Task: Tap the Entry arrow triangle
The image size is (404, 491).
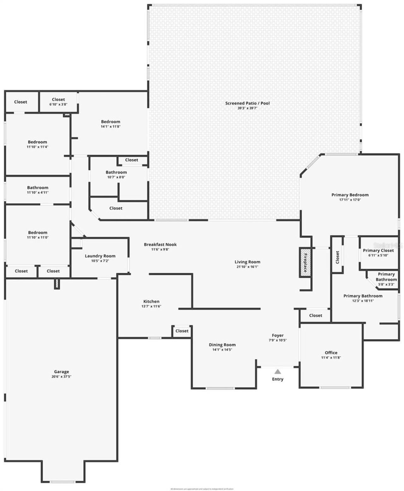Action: pyautogui.click(x=277, y=371)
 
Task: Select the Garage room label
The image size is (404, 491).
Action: pyautogui.click(x=61, y=372)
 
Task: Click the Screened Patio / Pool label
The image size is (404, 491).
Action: pyautogui.click(x=247, y=103)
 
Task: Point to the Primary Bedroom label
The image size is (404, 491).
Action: pyautogui.click(x=350, y=195)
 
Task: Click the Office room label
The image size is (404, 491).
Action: pyautogui.click(x=331, y=353)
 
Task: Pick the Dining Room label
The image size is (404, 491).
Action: pyautogui.click(x=222, y=345)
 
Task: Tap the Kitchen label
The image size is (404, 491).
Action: pyautogui.click(x=151, y=301)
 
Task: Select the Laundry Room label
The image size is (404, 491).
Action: pyautogui.click(x=100, y=256)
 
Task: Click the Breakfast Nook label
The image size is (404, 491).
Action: pyautogui.click(x=160, y=244)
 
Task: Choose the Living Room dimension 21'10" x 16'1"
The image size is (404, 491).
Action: pyautogui.click(x=247, y=267)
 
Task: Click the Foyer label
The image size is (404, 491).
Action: pyautogui.click(x=278, y=335)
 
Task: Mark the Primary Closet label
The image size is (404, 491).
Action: pyautogui.click(x=378, y=250)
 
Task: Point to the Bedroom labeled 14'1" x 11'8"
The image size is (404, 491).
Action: pyautogui.click(x=110, y=122)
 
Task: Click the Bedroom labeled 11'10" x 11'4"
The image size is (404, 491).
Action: pyautogui.click(x=37, y=142)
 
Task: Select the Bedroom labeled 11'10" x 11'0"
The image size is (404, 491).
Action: pyautogui.click(x=38, y=232)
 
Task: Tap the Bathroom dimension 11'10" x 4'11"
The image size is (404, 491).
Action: pyautogui.click(x=38, y=192)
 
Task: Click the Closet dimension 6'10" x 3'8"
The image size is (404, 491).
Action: pyautogui.click(x=58, y=104)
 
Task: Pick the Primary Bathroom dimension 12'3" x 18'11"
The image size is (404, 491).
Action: pyautogui.click(x=363, y=301)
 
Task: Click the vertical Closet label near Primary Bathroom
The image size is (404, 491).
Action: pyautogui.click(x=337, y=257)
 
